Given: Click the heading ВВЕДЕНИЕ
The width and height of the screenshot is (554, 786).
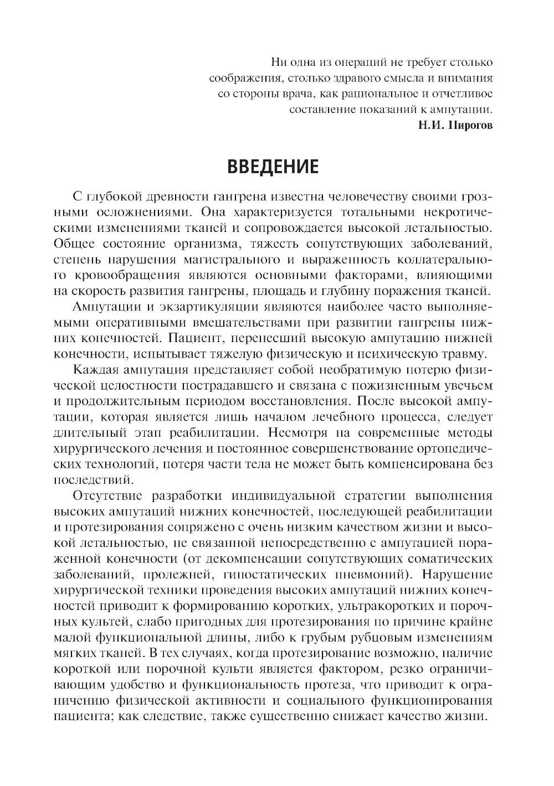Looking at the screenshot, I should point(273,166).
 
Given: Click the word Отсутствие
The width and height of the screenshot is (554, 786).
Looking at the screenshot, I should point(108,494).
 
